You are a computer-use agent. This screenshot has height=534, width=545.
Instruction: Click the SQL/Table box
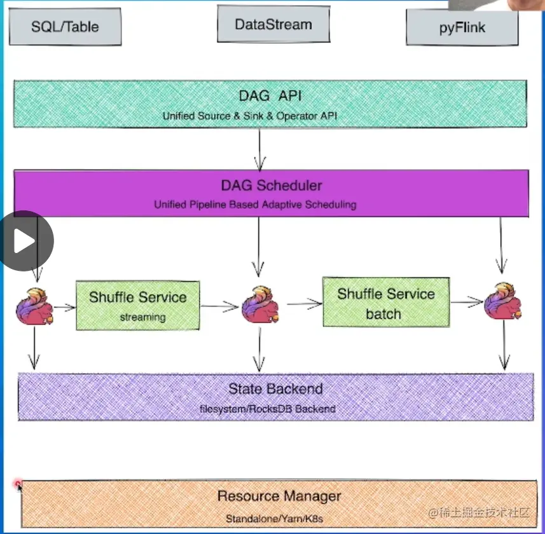(x=66, y=27)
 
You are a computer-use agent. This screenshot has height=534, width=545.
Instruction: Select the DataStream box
(x=273, y=25)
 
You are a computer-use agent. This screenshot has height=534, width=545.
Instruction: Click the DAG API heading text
(x=270, y=96)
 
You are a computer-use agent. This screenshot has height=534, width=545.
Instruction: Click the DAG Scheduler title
(x=272, y=186)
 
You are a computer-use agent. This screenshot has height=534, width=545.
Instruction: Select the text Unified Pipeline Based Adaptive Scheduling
(x=255, y=205)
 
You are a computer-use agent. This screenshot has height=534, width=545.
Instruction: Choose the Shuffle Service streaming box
(x=137, y=305)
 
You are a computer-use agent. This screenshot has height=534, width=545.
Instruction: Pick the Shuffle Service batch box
(x=385, y=302)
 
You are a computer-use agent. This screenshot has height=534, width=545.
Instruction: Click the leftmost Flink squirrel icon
(x=35, y=306)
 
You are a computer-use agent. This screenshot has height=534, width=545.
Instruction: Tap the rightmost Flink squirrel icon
(x=502, y=301)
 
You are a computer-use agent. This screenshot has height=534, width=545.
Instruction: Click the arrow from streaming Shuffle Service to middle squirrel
(x=220, y=307)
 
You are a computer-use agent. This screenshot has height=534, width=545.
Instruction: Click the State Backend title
(x=275, y=389)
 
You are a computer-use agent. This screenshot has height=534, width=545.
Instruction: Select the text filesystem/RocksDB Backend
(x=267, y=409)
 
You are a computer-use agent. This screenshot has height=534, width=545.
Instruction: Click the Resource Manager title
(x=279, y=496)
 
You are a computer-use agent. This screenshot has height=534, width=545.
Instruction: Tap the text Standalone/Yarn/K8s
(x=274, y=519)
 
